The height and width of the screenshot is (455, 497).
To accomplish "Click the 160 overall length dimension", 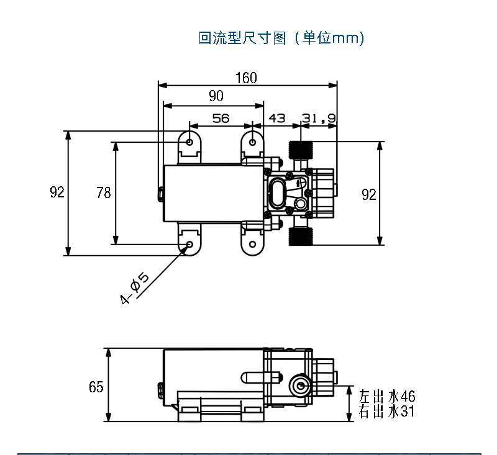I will click(246, 78).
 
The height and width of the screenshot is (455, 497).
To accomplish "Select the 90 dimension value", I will click(216, 96).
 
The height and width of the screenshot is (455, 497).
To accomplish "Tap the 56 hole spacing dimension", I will click(221, 118).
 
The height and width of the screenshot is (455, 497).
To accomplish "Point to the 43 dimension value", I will click(277, 118).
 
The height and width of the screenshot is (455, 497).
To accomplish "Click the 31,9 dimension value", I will click(319, 118).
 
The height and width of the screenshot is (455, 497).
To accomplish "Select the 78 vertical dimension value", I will click(104, 193).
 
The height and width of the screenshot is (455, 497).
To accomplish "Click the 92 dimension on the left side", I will click(57, 192).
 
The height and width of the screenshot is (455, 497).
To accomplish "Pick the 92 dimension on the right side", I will click(369, 194).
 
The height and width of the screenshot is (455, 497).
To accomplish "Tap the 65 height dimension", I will click(96, 387).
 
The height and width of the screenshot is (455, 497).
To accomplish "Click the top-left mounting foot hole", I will click(190, 142).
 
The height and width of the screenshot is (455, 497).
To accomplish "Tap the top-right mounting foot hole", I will click(252, 142).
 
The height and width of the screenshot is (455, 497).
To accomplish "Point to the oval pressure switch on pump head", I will click(278, 192).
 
